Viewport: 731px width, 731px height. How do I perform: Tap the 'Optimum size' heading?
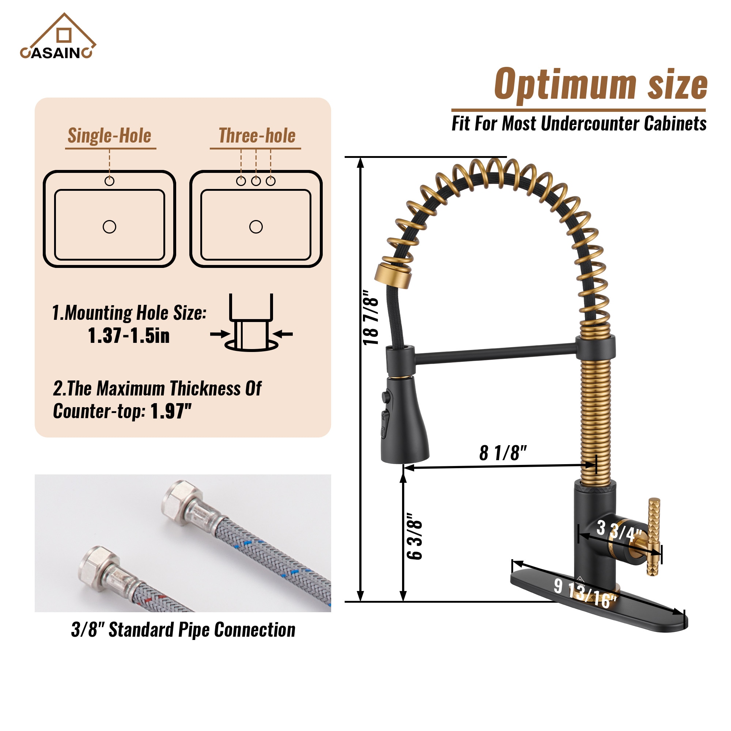[601, 85]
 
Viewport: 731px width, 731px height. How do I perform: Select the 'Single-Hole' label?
[109, 136]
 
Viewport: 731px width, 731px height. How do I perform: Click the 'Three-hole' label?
[257, 136]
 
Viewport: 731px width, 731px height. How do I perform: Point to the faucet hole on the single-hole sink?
[109, 181]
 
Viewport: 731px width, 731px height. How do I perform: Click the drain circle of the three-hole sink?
[256, 227]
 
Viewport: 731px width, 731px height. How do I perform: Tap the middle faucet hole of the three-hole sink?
[256, 181]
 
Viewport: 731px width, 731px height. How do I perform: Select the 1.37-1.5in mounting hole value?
[129, 336]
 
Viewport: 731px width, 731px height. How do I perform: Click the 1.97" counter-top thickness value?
[171, 411]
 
